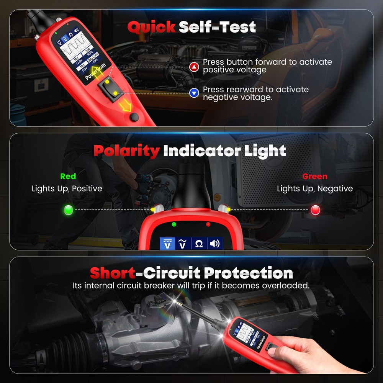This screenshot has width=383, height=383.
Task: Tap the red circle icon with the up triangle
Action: click(195, 68)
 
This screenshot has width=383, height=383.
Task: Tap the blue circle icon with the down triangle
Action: click(195, 92)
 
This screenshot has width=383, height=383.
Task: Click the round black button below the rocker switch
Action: click(134, 117)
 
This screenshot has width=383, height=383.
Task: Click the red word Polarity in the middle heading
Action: click(126, 151)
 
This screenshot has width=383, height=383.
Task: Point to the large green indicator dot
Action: click(69, 210)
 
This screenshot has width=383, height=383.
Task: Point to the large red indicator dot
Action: click(316, 210)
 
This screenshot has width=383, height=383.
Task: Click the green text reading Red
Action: click(68, 177)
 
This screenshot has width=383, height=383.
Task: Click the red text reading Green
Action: click(315, 177)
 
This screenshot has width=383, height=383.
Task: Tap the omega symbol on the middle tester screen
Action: click(199, 244)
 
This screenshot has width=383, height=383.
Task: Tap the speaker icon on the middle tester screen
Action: click(214, 244)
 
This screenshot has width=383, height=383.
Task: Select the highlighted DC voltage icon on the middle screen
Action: click(167, 244)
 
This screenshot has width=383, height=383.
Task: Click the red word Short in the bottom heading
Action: click(112, 273)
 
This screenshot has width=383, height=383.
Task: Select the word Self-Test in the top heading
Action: click(217, 27)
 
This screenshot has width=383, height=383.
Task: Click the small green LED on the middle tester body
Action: click(174, 224)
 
